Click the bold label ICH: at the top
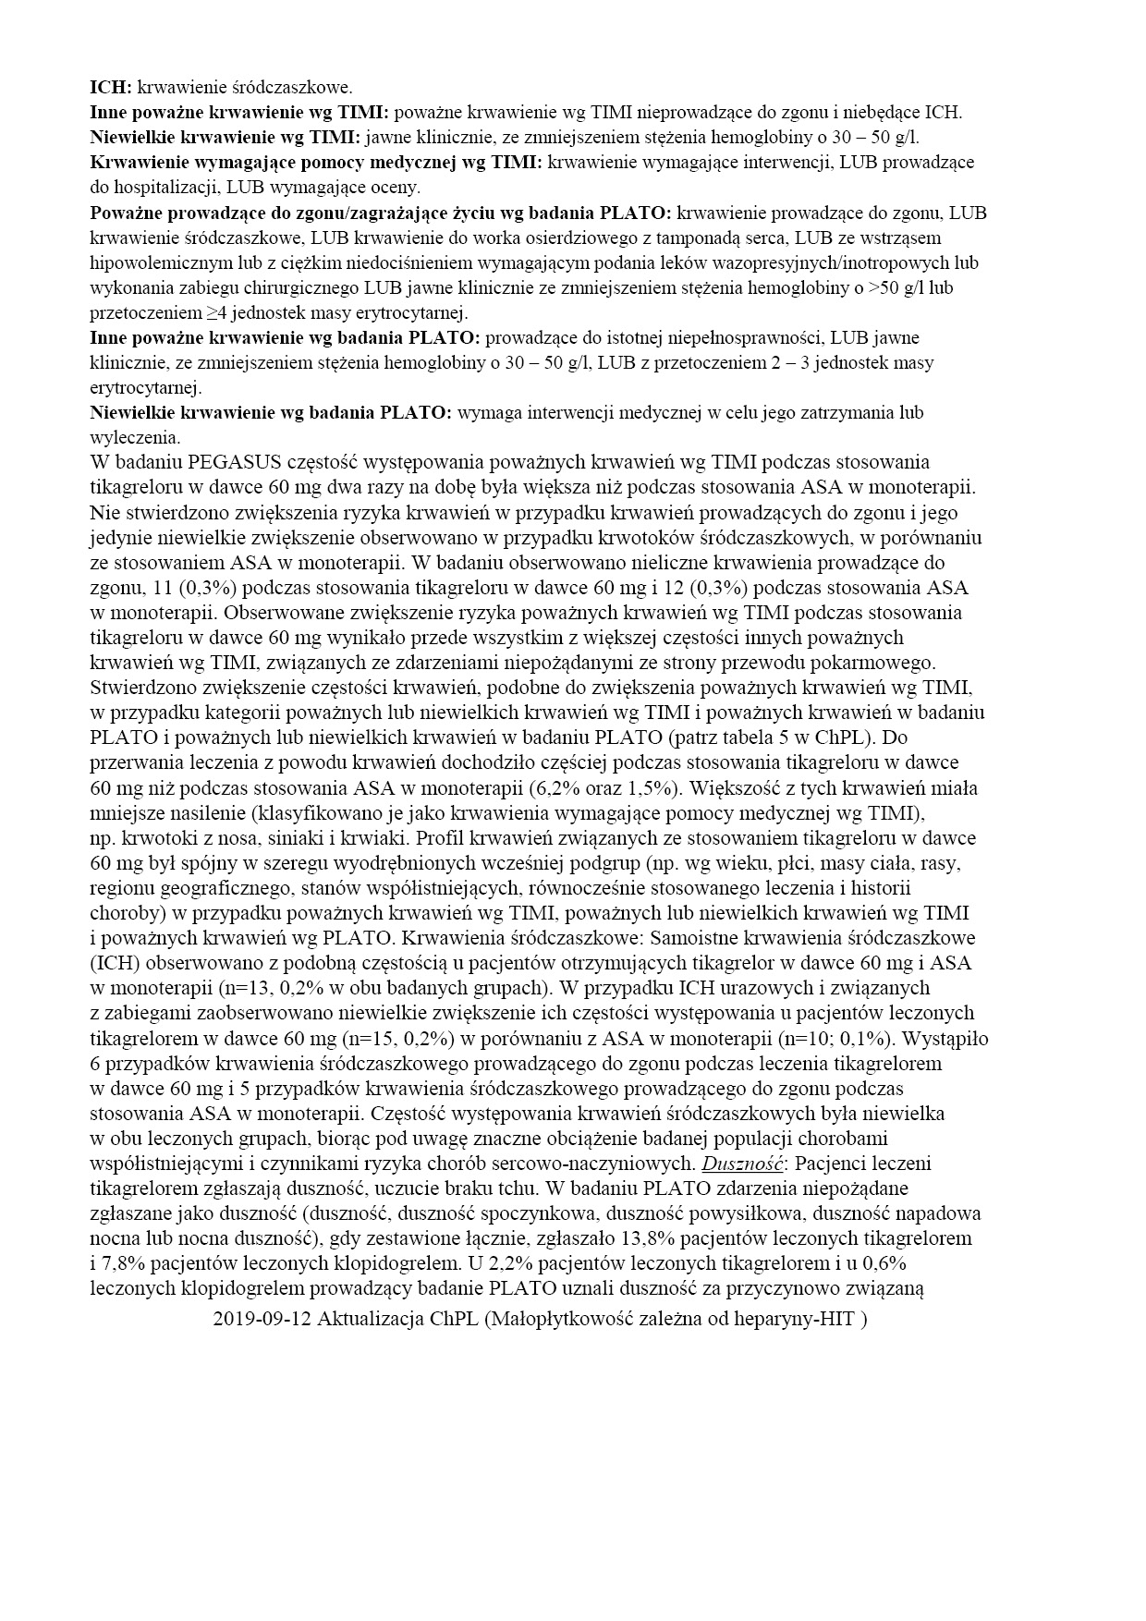pyautogui.click(x=111, y=88)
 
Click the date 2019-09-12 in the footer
pyautogui.click(x=261, y=1320)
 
